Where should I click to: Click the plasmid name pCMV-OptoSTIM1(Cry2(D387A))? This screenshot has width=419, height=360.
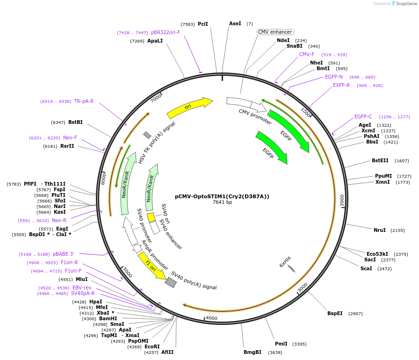222,196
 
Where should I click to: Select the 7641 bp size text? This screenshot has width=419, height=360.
222,202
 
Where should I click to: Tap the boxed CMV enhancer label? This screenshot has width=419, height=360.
275,32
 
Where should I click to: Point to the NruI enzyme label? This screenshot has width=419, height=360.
379,230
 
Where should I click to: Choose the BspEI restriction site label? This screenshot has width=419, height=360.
335,313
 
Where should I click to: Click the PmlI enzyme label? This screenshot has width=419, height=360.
281,344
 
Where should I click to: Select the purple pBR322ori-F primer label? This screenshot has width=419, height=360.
165,33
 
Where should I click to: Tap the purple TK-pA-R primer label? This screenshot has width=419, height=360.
84,101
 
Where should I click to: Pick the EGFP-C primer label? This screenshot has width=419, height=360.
363,116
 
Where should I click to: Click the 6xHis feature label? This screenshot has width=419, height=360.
285,261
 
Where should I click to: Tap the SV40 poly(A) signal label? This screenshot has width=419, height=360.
194,280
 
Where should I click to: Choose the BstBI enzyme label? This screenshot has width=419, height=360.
75,122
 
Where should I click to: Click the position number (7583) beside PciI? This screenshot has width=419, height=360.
188,24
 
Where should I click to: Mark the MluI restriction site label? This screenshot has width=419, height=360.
81,279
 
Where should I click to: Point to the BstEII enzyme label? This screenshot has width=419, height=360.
380,160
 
